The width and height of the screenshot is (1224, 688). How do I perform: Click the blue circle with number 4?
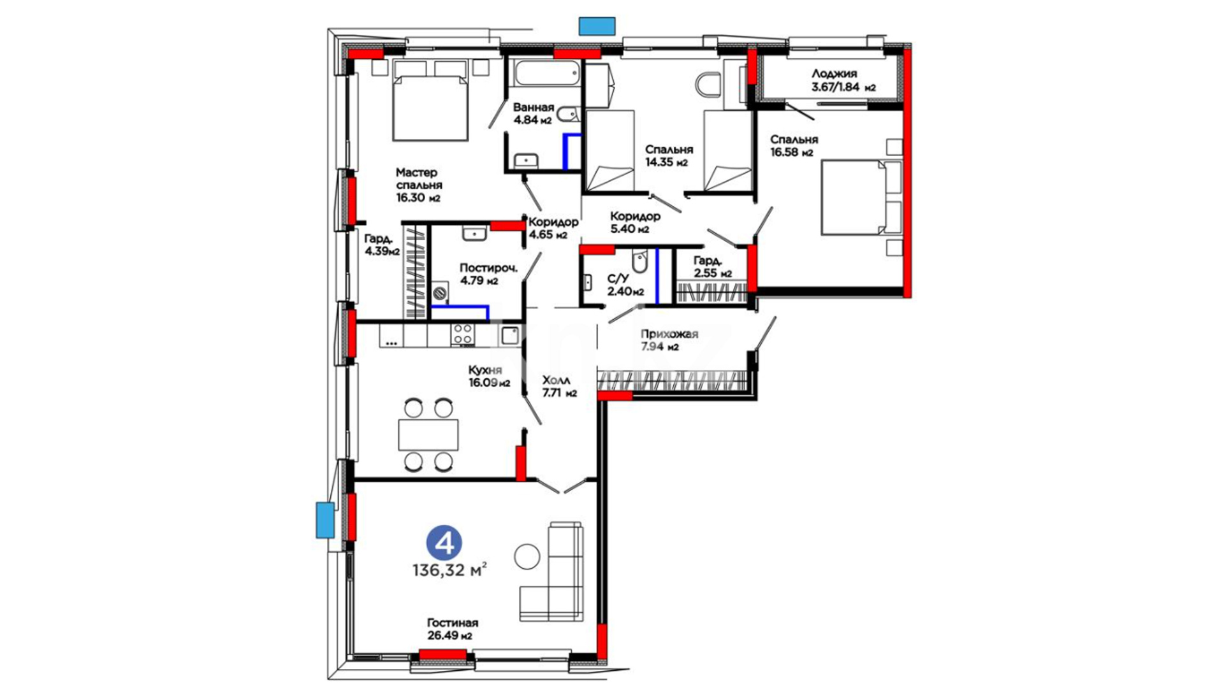tap(444, 543)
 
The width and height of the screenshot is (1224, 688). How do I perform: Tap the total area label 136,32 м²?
tap(450, 570)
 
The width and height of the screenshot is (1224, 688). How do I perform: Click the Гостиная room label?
tap(452, 622)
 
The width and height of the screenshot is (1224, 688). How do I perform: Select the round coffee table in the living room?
tap(527, 556)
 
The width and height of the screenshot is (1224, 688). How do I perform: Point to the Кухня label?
tap(485, 369)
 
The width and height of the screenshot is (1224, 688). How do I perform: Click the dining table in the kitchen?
tap(428, 434)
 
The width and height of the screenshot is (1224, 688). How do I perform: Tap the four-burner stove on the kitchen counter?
tap(463, 334)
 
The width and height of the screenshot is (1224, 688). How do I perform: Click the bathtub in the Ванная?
tap(546, 74)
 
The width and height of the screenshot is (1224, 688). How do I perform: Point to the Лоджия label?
tap(834, 73)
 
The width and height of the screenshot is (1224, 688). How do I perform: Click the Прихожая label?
tap(669, 334)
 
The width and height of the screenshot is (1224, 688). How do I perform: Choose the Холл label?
tap(556, 380)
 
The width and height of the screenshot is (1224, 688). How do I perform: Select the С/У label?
tap(618, 278)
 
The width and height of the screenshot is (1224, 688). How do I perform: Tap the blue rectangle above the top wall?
tap(597, 25)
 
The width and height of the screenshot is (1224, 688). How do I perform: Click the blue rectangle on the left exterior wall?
tap(325, 520)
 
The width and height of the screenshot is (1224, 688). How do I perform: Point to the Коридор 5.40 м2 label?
tap(635, 222)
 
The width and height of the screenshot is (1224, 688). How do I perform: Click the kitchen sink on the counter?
tap(510, 335)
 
